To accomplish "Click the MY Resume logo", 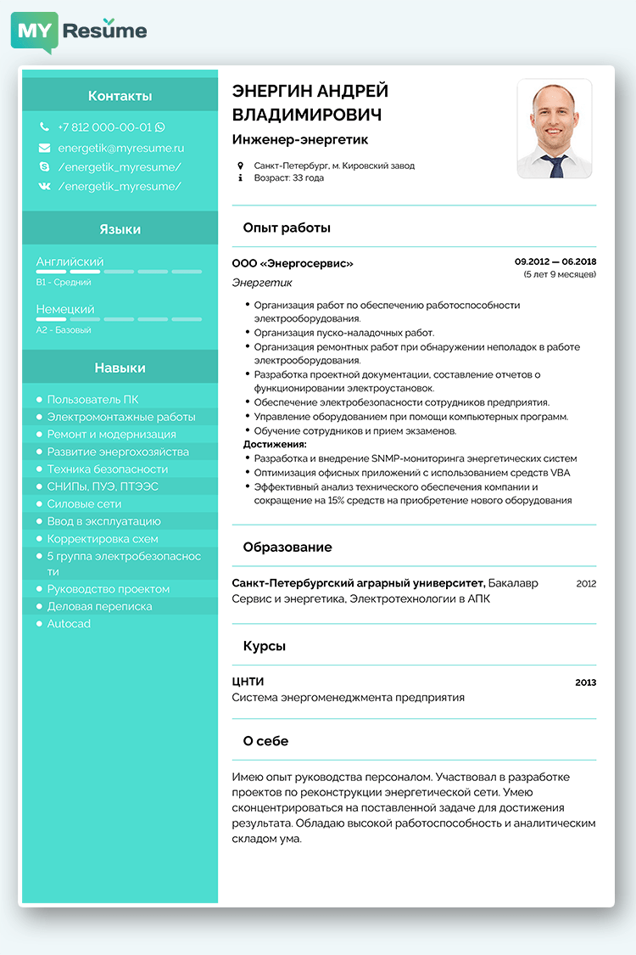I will tap(79, 31).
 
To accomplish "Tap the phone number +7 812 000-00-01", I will tap(104, 127).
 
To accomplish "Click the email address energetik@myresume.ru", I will tap(121, 148).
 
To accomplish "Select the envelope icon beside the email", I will tap(44, 148).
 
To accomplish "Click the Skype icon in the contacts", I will tap(44, 167).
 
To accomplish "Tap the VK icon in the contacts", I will tap(44, 187).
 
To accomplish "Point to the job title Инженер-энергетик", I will tap(300, 140).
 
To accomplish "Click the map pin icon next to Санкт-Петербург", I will tap(240, 166).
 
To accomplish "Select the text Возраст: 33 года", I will tap(288, 178).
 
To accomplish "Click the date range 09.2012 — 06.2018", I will tap(555, 262).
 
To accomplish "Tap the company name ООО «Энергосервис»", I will tap(293, 264).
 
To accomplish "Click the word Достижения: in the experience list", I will tap(275, 444).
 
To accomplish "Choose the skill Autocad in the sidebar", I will tap(69, 624).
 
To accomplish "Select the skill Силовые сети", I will tap(84, 504).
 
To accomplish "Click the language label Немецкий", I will tap(65, 310).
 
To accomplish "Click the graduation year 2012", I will tap(586, 584).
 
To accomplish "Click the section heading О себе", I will tap(265, 741).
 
